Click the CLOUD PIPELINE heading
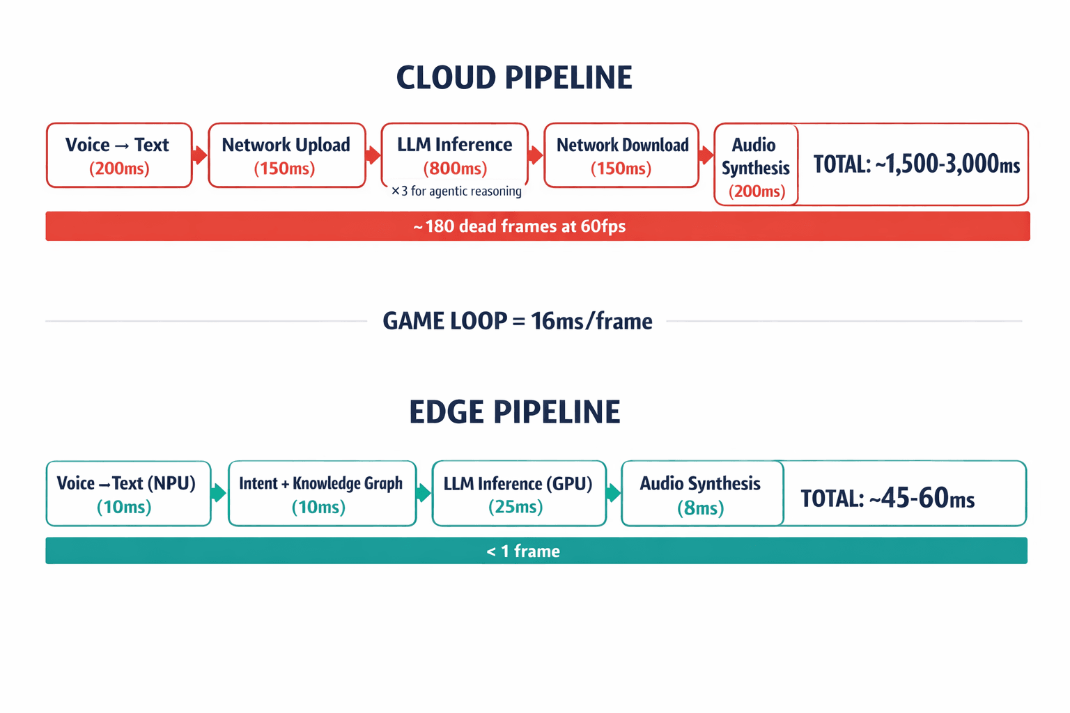514,77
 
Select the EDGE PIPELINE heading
514,412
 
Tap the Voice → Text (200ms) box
119,156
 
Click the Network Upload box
286,156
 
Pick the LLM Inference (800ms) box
455,155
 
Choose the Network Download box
621,156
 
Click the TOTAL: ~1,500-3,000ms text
916,164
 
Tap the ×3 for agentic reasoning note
456,191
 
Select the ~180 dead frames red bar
537,226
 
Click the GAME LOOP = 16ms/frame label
517,321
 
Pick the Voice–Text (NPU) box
128,494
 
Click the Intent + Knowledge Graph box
322,494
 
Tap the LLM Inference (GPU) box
519,494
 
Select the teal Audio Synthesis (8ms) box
701,494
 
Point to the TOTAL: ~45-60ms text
887,498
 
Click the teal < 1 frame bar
536,551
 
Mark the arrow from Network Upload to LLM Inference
373,155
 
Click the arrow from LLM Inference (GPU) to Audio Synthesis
613,493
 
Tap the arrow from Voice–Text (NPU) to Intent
219,493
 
